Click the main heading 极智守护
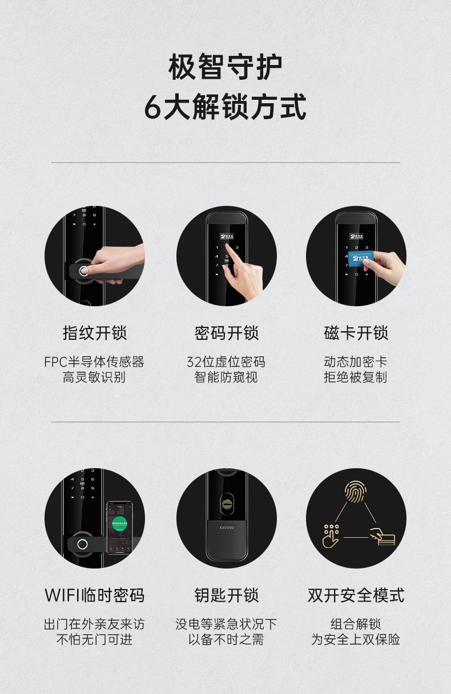[225, 66]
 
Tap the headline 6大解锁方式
[226, 107]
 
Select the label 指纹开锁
[95, 333]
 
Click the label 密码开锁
[227, 333]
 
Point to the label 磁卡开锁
[356, 333]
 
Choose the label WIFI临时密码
[95, 595]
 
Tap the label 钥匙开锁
[227, 595]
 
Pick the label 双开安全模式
[356, 595]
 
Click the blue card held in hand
[360, 259]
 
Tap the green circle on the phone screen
[119, 523]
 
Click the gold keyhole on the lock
[227, 504]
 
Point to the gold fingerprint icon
[356, 492]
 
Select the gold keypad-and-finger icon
[331, 535]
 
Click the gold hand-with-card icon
[382, 537]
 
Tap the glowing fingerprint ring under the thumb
[83, 271]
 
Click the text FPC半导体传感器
[94, 362]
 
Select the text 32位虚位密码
[226, 362]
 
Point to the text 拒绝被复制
[356, 377]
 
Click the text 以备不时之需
[226, 639]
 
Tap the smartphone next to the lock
[120, 527]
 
